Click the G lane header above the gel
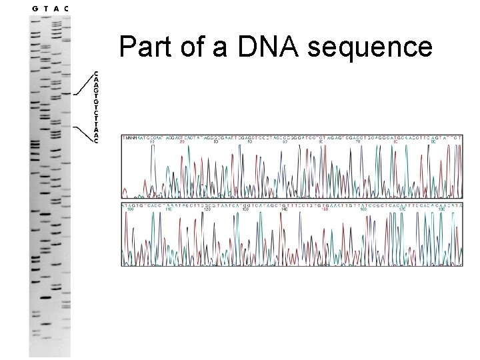(x=35, y=8)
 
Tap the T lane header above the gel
(x=45, y=8)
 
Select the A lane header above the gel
(x=56, y=8)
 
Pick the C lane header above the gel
(x=67, y=8)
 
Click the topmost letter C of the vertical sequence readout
(x=97, y=73)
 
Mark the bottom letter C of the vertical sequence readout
(x=97, y=142)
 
